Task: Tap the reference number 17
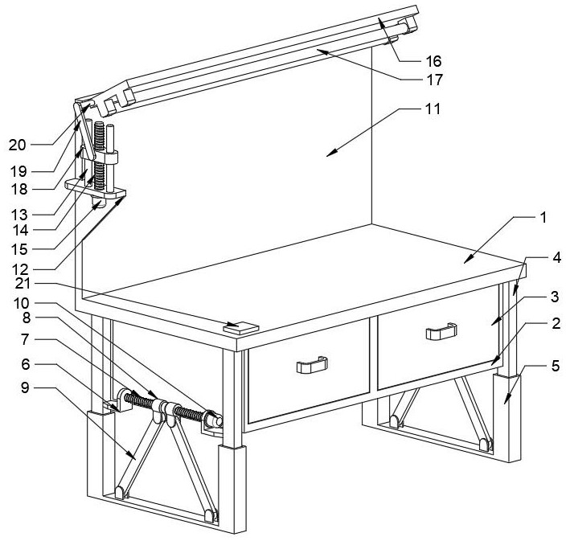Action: coord(433,80)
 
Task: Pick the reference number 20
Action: coord(18,145)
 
